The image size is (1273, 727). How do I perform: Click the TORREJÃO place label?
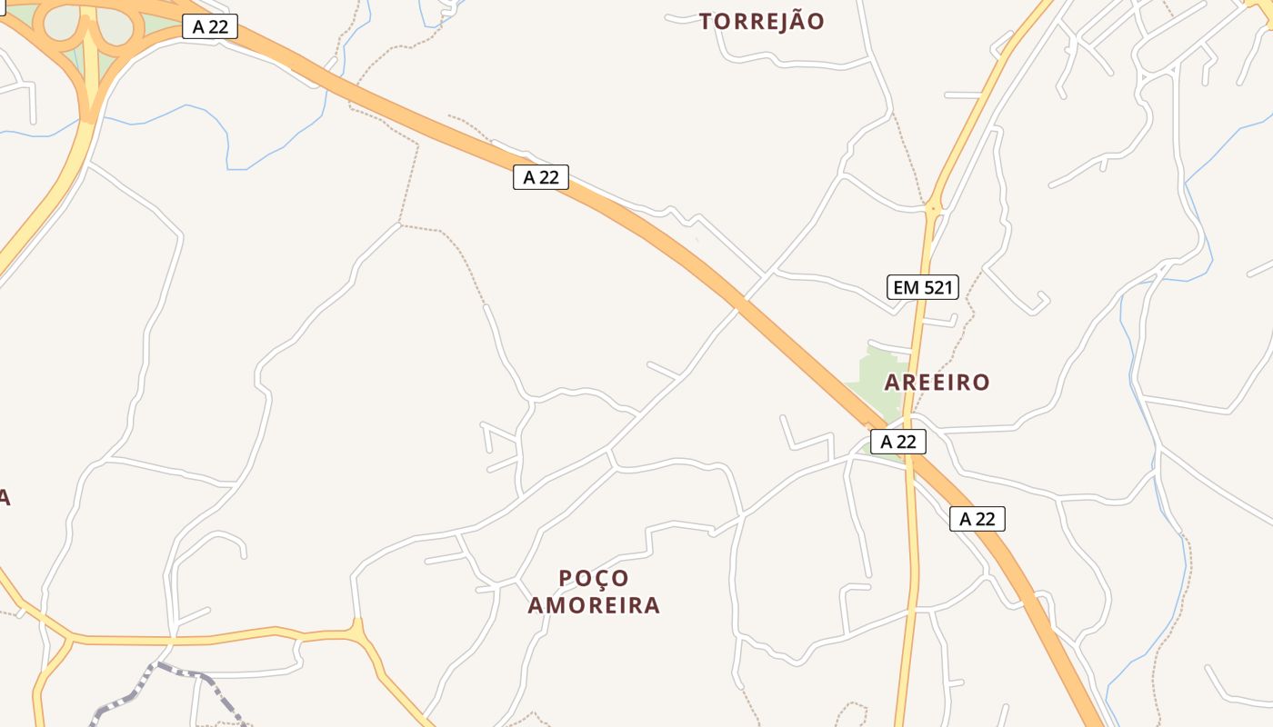(761, 22)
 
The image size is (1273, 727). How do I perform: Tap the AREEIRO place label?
(937, 383)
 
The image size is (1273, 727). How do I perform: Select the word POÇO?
(594, 579)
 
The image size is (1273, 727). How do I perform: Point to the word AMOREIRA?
(594, 605)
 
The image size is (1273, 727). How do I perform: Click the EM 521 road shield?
(923, 288)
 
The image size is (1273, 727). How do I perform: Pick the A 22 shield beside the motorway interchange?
(210, 26)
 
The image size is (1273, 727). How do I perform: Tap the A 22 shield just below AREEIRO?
(898, 442)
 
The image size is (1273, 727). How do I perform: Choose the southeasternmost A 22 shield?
(977, 519)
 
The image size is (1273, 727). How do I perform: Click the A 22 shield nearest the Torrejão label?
(541, 177)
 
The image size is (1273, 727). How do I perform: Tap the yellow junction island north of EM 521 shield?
(933, 210)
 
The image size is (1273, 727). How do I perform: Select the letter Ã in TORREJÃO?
(790, 21)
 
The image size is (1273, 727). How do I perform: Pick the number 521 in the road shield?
(937, 288)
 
